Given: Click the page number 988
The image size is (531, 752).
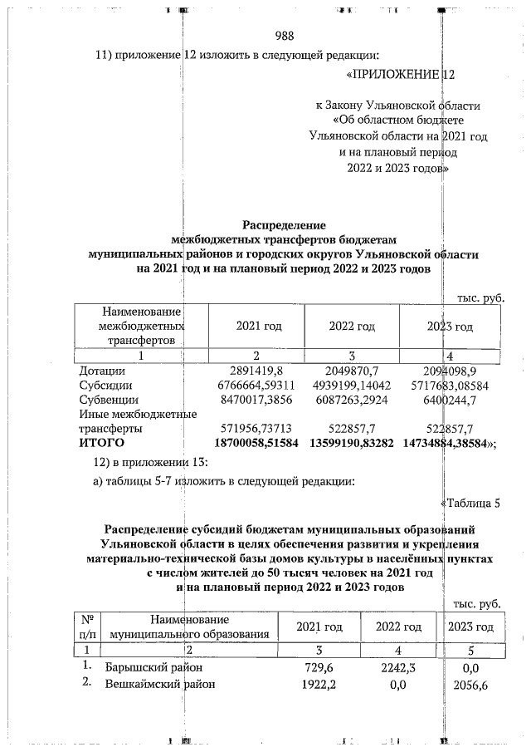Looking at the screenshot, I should click(x=284, y=35).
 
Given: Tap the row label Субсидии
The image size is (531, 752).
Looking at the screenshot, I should click(x=105, y=385).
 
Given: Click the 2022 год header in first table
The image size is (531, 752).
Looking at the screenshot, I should click(x=352, y=327).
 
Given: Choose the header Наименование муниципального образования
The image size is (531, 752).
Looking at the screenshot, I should click(x=190, y=627).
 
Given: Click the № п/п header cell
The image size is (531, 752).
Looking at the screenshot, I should click(x=87, y=627).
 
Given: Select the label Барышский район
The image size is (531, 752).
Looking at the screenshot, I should click(x=154, y=666).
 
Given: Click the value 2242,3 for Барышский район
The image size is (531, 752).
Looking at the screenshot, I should click(x=398, y=666).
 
